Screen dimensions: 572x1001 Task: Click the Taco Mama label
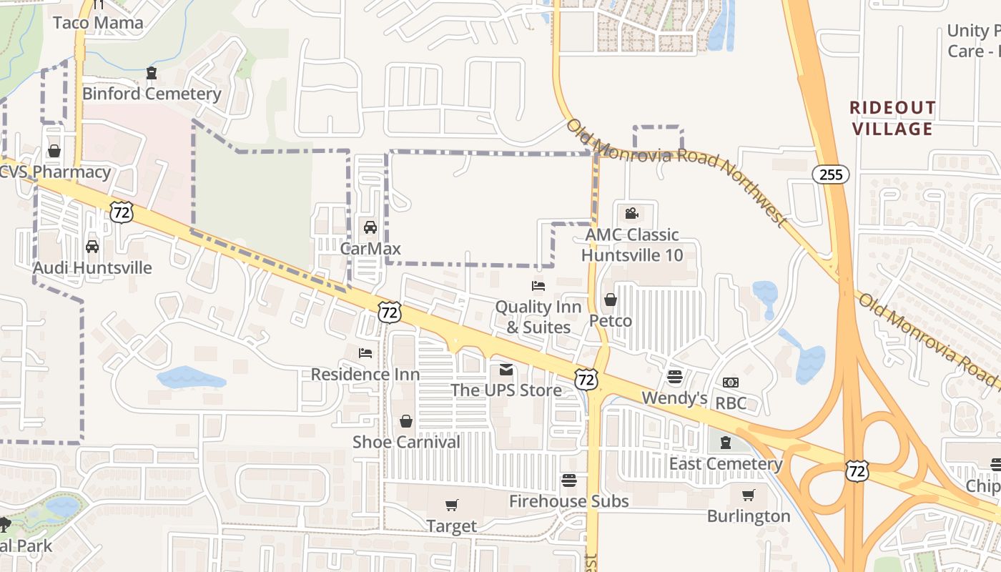point(99,23)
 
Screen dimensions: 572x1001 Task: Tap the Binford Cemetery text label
point(152,94)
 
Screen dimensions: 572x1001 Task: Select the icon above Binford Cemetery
point(152,73)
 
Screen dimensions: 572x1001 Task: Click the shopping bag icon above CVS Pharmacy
point(54,151)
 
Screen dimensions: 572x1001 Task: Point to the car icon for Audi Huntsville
point(92,247)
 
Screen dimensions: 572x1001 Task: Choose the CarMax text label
point(370,249)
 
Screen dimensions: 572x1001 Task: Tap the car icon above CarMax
point(370,227)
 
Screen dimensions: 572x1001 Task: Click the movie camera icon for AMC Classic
point(631,213)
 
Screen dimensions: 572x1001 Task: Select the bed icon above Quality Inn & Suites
point(538,286)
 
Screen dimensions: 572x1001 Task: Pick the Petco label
point(611,320)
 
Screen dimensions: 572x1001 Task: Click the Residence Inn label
point(365,374)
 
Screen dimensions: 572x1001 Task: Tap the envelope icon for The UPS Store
point(506,370)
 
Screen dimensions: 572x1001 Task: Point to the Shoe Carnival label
point(406,442)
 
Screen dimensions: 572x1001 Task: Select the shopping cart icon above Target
point(451,506)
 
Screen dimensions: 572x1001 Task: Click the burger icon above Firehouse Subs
point(569,480)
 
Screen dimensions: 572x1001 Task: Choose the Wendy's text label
point(674,398)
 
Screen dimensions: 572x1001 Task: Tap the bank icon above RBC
point(731,383)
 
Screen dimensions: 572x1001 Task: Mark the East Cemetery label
point(726,464)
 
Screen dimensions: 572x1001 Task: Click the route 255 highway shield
point(830,174)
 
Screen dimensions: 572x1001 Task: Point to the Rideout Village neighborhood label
point(892,119)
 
